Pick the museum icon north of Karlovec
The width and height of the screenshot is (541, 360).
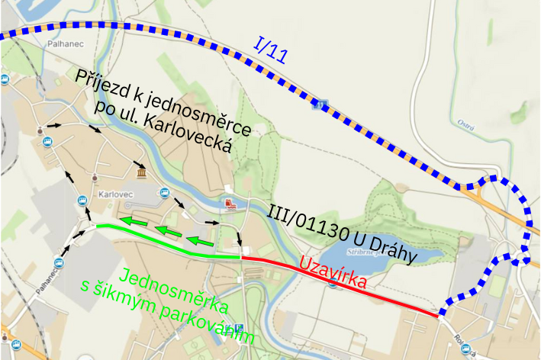point(142,175)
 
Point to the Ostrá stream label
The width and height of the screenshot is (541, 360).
point(463,122)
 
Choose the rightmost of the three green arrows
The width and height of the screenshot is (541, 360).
point(200,242)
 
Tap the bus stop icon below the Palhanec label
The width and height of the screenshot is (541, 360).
point(6,79)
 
